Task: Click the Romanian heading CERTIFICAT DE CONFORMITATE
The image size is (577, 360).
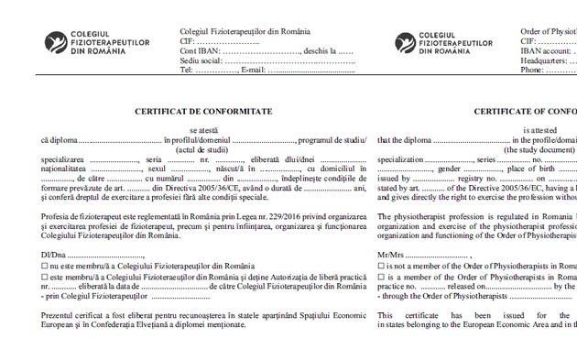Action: pos(203,111)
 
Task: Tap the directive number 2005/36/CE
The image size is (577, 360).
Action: pos(195,188)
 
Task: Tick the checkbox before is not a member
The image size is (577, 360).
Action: pos(382,266)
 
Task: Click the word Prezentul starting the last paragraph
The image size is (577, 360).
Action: pos(61,315)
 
